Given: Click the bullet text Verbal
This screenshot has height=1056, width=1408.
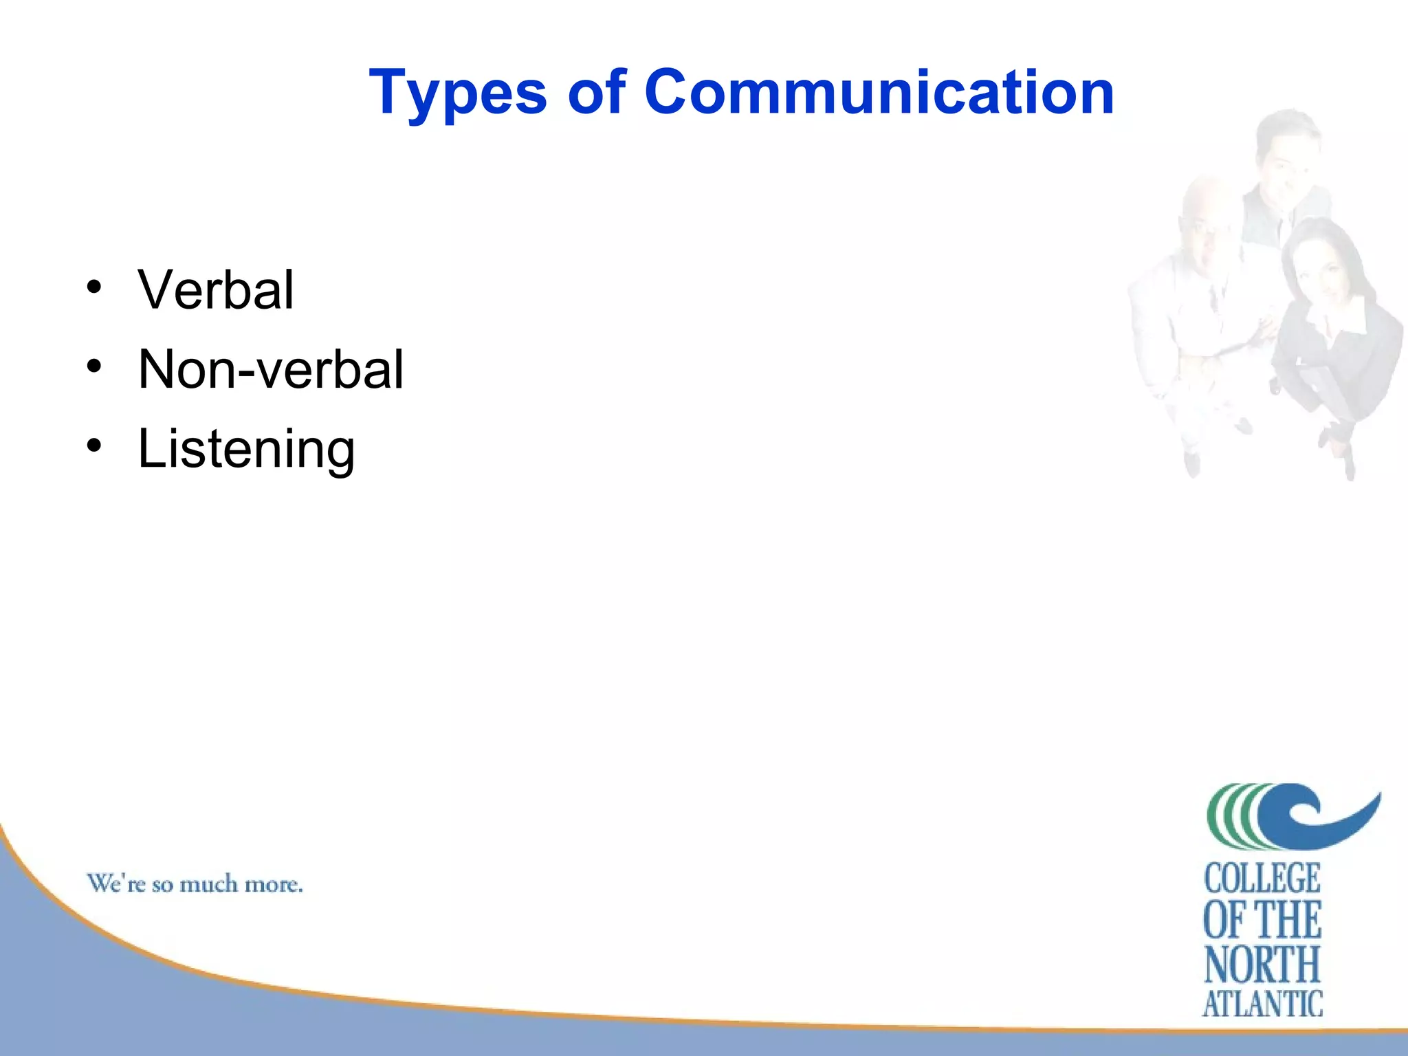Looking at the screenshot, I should (216, 289).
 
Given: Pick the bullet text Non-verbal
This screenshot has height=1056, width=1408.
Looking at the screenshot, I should (271, 369).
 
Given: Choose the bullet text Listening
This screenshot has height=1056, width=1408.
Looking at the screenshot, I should (246, 449).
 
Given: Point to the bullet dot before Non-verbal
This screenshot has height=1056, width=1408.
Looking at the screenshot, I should (94, 366).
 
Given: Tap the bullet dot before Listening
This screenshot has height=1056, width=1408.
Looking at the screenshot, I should (94, 445).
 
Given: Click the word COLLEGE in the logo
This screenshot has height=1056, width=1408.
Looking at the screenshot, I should (1262, 879).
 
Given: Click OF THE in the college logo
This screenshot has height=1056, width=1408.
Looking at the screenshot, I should (1262, 921).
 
